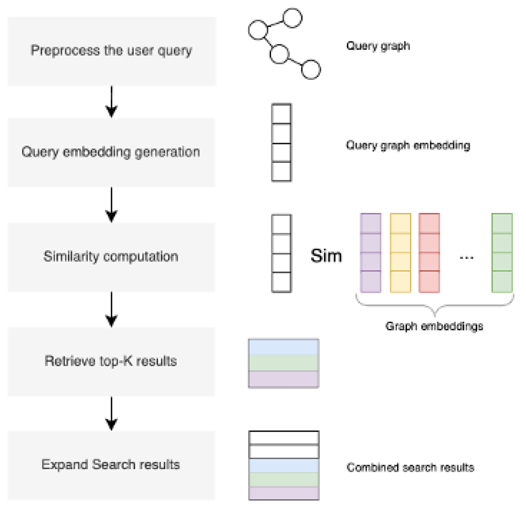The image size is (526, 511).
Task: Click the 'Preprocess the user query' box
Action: tap(111, 51)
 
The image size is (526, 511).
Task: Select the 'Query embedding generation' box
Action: tap(111, 152)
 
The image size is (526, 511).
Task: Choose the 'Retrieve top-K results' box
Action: tap(111, 361)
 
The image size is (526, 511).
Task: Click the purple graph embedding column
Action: tap(370, 253)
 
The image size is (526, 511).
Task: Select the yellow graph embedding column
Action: tap(400, 253)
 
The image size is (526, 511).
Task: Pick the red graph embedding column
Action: tap(429, 253)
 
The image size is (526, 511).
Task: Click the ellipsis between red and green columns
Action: tap(466, 257)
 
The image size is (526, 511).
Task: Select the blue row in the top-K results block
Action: tap(283, 347)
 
